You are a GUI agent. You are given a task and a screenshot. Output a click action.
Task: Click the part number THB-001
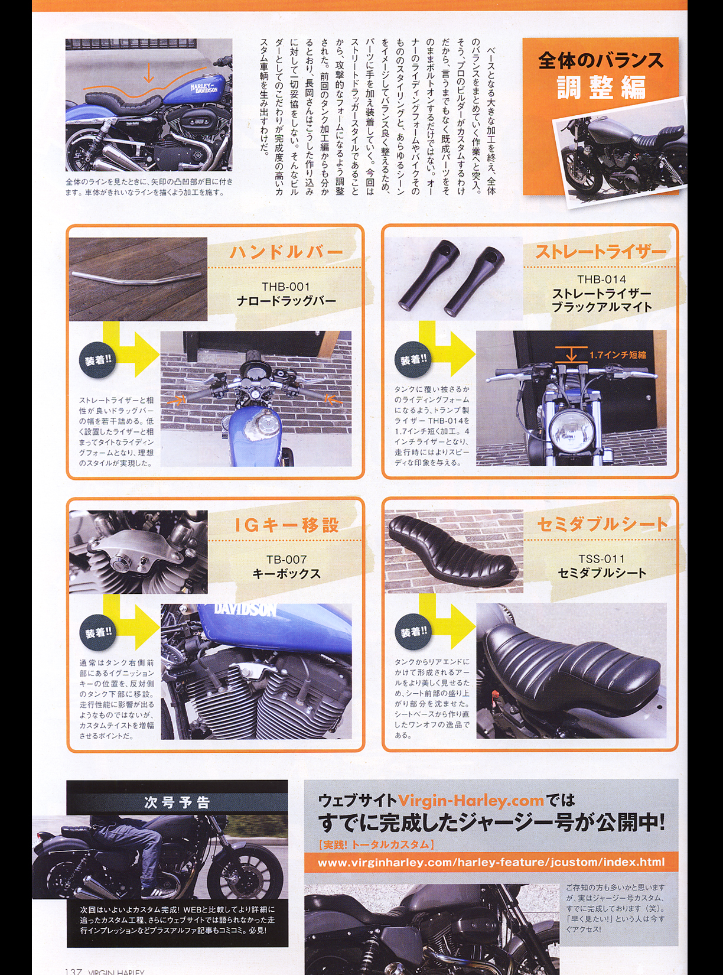coord(286,287)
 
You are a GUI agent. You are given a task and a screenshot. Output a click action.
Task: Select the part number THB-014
coord(601,279)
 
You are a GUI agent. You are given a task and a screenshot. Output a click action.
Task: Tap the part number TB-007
coord(286,560)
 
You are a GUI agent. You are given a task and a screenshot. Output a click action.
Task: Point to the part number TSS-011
coord(601,559)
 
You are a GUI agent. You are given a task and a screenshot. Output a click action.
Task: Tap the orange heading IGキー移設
coord(287,525)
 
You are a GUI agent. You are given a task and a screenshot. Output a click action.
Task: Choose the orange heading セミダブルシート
coord(602,524)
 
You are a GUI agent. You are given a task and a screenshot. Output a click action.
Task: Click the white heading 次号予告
coord(177,802)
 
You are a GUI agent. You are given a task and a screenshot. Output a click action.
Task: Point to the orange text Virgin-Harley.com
coord(471,800)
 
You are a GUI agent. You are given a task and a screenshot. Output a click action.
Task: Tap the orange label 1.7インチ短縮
coord(617,355)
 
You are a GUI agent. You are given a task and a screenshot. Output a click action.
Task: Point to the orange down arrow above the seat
coord(148,73)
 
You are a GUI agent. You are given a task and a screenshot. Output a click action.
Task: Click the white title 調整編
coord(601,87)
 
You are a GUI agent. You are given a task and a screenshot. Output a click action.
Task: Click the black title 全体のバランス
coord(601,60)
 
